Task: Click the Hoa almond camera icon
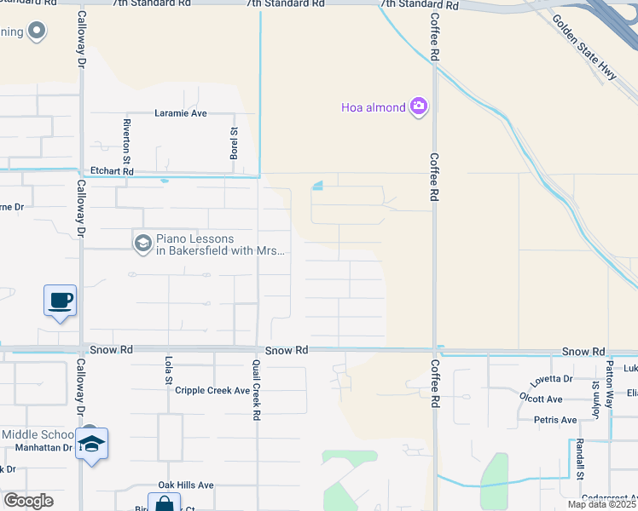[x=419, y=106]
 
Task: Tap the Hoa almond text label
[x=374, y=107]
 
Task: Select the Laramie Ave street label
[x=181, y=113]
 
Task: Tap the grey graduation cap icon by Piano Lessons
[x=142, y=244]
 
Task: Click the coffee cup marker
[x=61, y=301]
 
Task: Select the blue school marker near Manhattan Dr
[x=91, y=444]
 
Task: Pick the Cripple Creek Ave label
[x=212, y=391]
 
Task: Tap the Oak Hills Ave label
[x=185, y=485]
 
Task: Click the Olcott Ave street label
[x=541, y=399]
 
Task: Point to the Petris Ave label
[x=555, y=420]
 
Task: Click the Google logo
[x=29, y=501]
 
